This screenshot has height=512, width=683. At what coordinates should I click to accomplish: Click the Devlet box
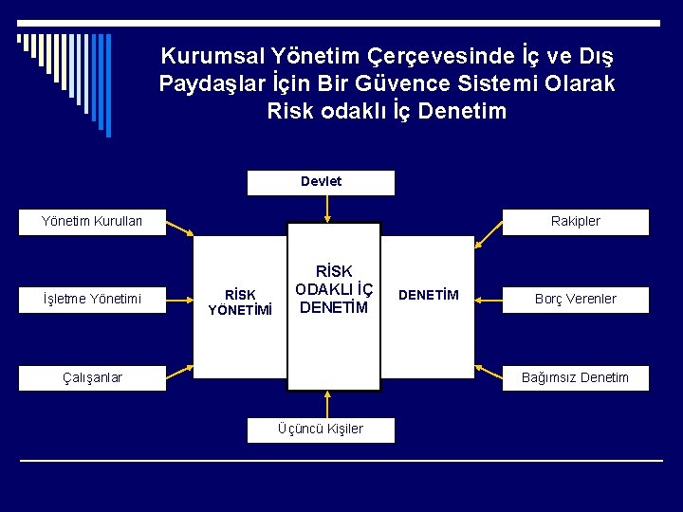coord(321,182)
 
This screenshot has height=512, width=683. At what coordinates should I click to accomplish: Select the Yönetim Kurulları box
coord(92,222)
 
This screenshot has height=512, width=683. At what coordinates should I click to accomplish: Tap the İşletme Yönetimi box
coord(92,300)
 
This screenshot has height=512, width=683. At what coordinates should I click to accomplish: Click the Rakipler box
coord(576,222)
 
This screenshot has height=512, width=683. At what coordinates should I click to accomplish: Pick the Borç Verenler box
coord(576,300)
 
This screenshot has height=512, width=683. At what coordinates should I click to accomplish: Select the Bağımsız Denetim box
coord(576,377)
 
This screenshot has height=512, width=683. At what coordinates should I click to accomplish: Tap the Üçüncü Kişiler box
coord(321,430)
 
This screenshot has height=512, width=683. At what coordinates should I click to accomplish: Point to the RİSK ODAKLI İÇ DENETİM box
coord(334,290)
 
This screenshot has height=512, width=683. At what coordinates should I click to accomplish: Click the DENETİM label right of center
coord(428,295)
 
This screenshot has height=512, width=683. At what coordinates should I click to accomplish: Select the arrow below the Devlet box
coord(323,206)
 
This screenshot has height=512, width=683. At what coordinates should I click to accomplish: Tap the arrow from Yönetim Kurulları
coord(180,228)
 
